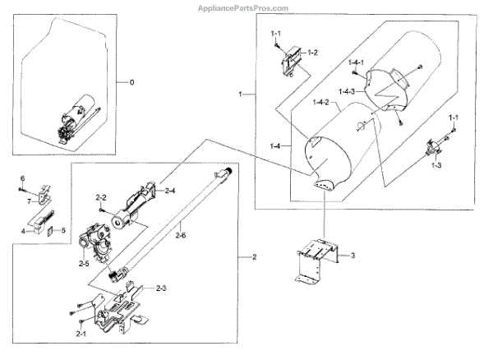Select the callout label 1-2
(x=312, y=52)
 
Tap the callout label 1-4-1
(x=356, y=63)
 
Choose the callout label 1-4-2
(x=321, y=102)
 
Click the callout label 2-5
(x=84, y=262)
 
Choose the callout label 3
(x=352, y=256)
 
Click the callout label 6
(x=23, y=178)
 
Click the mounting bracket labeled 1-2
(x=289, y=59)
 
